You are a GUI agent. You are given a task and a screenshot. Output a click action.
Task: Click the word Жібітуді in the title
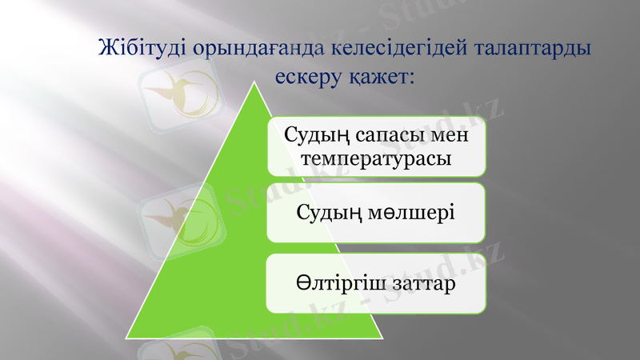[141, 47]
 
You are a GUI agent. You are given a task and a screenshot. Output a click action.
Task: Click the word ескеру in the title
[308, 77]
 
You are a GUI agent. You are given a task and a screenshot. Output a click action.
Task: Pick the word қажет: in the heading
[383, 77]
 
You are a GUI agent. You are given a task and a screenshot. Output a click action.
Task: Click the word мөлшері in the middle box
[410, 213]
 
